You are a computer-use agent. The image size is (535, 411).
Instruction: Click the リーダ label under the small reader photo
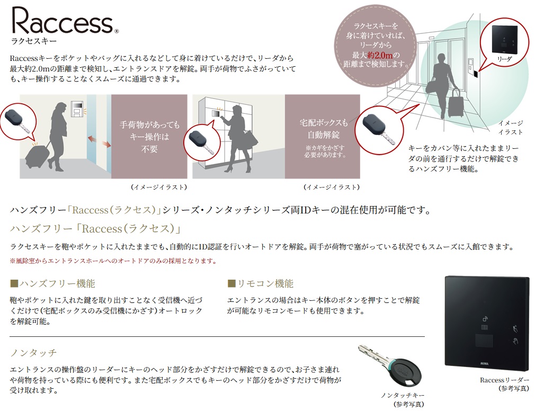click(x=504, y=59)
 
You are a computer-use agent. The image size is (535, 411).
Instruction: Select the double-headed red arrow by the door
click(x=100, y=141)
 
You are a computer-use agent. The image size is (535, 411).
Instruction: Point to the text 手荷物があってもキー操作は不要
click(x=150, y=137)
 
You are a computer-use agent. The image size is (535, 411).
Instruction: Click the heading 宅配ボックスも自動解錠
click(x=323, y=128)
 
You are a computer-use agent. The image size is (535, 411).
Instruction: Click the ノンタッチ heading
click(x=33, y=353)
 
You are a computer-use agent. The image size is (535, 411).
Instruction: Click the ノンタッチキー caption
click(x=403, y=395)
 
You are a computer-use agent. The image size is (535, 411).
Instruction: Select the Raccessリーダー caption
click(x=504, y=380)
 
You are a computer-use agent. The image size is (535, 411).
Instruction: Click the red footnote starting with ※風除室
click(x=113, y=261)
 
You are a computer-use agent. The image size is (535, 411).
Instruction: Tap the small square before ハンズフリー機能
click(x=14, y=284)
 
